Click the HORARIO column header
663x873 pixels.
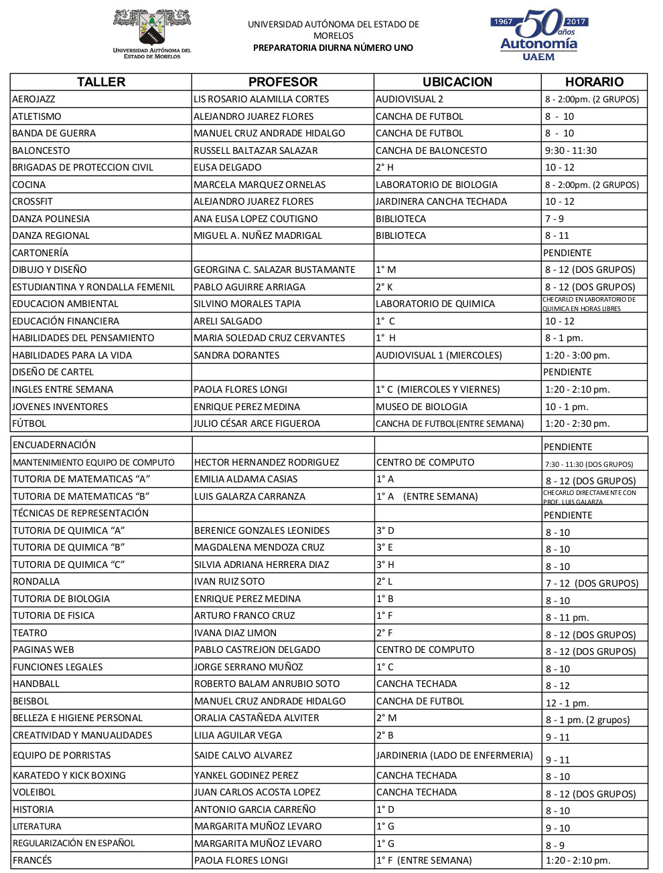[x=594, y=82]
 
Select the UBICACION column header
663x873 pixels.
[x=457, y=82]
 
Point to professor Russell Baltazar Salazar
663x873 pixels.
[x=256, y=151]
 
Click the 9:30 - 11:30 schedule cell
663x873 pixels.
[x=571, y=151]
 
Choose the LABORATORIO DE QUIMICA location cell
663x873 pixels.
[x=435, y=304]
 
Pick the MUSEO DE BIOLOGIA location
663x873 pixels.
[x=422, y=407]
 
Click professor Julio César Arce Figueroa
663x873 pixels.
[x=257, y=423]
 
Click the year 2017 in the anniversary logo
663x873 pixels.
[x=576, y=22]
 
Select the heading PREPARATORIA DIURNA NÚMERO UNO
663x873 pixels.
[x=333, y=48]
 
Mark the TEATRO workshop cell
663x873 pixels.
[x=30, y=633]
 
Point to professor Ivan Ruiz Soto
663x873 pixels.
[x=230, y=581]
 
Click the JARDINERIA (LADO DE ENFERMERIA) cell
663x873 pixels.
[x=455, y=755]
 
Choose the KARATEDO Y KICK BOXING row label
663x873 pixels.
[x=70, y=775]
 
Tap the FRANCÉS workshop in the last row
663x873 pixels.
[x=33, y=860]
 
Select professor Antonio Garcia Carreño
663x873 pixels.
[x=255, y=809]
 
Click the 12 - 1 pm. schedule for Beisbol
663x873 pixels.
[x=567, y=703]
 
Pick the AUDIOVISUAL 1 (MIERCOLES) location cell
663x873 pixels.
[x=439, y=355]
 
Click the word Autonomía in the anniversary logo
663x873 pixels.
[x=538, y=44]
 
